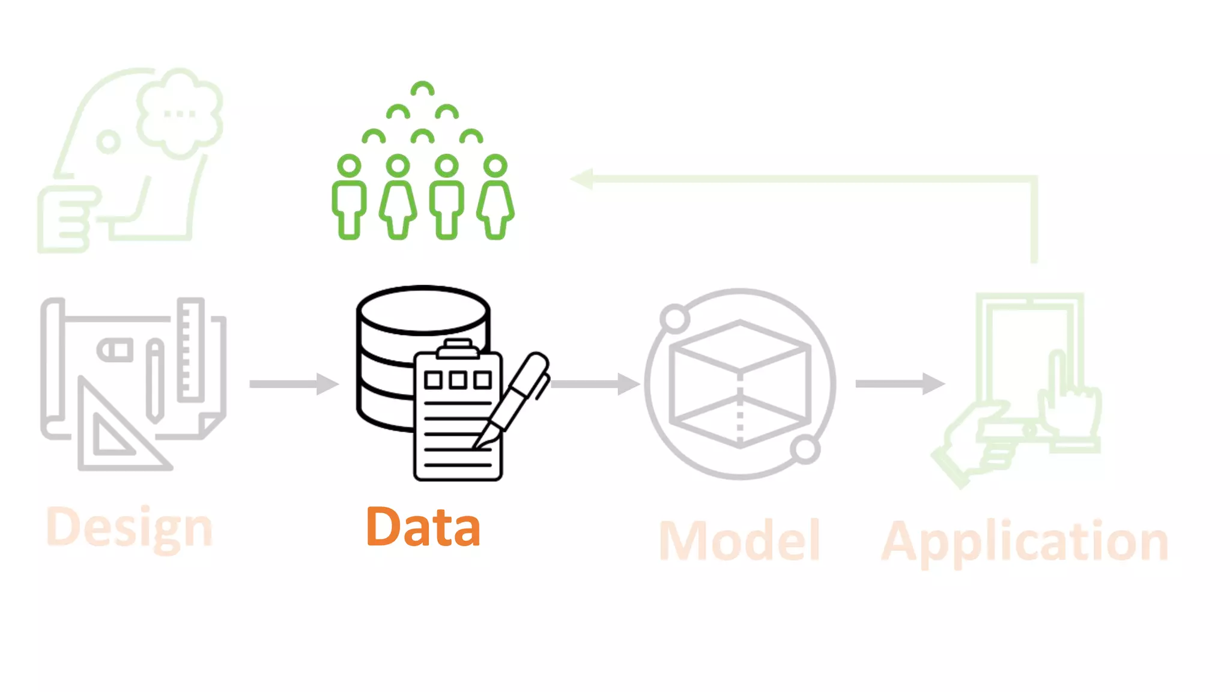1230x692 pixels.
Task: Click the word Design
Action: point(129,527)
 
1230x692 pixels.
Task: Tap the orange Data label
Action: point(423,527)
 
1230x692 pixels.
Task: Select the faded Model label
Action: point(739,541)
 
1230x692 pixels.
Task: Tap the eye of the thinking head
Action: point(109,142)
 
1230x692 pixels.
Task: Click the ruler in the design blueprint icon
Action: point(191,349)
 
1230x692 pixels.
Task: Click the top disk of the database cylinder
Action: point(423,310)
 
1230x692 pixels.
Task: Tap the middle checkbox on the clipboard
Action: point(458,380)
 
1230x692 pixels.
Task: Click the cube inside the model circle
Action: point(740,384)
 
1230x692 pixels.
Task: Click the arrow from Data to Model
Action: point(595,384)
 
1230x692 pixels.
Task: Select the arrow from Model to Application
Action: point(899,384)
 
